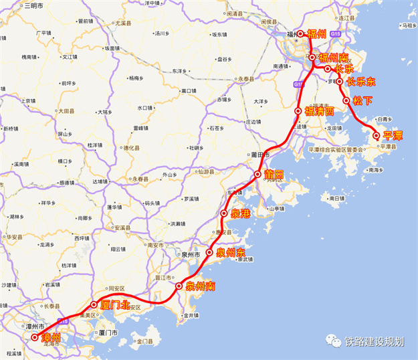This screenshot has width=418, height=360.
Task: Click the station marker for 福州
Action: tap(300, 34)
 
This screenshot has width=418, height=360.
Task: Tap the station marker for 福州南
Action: tap(312, 58)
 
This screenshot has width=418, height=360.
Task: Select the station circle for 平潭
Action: tap(377, 136)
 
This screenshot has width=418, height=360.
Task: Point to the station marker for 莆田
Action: tap(257, 174)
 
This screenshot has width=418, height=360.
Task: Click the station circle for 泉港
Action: tap(224, 214)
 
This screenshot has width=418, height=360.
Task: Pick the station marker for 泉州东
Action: tap(209, 253)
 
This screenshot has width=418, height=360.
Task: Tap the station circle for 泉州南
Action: tap(179, 286)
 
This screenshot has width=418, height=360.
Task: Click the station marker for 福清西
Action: tap(298, 111)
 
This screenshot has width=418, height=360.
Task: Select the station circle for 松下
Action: tap(346, 101)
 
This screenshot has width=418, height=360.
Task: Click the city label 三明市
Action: tap(31, 5)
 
